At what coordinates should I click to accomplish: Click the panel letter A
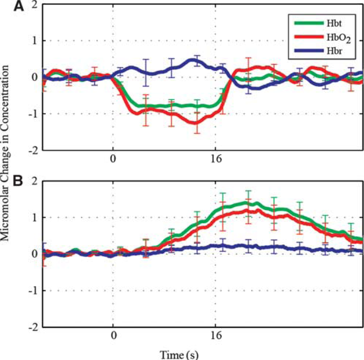(19, 6)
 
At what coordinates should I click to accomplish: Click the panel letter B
(18, 181)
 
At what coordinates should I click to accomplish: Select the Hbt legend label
(334, 23)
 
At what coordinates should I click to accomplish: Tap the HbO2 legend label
(339, 38)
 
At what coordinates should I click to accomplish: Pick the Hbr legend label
(334, 51)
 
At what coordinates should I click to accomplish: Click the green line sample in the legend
(309, 23)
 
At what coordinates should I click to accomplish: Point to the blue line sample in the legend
(309, 51)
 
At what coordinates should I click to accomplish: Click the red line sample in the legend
(309, 37)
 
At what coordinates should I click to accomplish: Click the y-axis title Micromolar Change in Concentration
(5, 153)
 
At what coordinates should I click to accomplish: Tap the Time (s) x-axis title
(179, 355)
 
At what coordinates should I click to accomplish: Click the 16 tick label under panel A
(216, 159)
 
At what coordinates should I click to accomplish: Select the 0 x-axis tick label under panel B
(113, 335)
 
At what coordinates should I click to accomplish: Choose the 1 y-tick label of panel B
(35, 218)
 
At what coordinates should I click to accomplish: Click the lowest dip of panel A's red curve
(196, 123)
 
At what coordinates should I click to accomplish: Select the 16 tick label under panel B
(216, 335)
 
